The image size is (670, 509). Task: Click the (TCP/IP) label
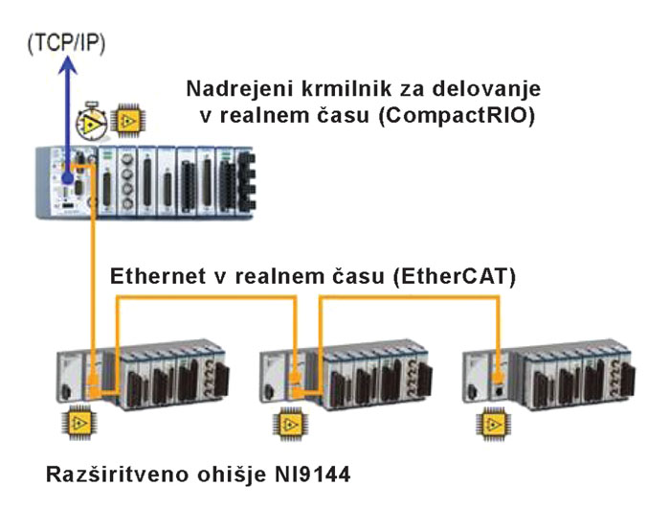click(64, 42)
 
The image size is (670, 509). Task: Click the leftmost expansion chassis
click(144, 373)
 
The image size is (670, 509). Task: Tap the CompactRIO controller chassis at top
click(144, 179)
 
